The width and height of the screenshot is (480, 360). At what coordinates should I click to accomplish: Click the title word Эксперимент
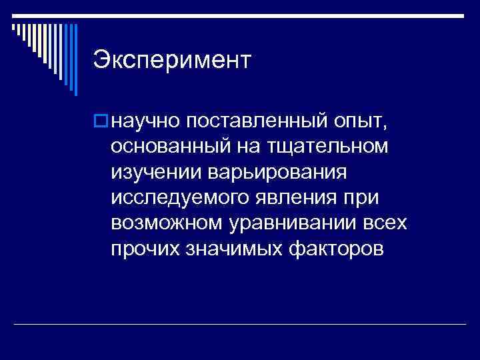click(172, 59)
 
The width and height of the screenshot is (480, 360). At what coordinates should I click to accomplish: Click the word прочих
click(145, 249)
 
